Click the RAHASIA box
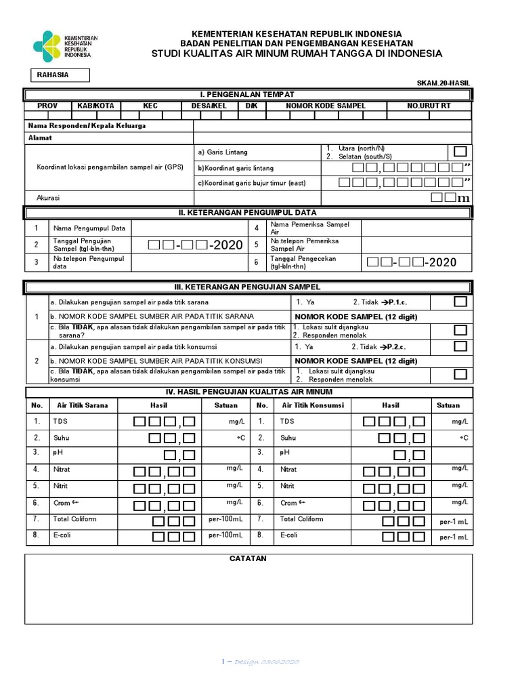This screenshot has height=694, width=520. tap(60, 75)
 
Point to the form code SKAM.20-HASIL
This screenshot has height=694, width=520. tap(443, 83)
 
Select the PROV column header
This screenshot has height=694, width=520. tap(47, 106)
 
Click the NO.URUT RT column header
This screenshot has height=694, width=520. tap(429, 106)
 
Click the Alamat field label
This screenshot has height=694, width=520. tap(40, 138)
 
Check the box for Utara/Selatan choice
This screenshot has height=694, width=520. tap(460, 150)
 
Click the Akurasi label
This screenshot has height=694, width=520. tap(48, 198)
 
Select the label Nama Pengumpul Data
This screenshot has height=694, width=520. tap(81, 228)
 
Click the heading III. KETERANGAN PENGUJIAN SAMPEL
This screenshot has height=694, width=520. tap(248, 287)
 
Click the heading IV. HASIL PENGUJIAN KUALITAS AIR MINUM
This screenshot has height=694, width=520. tap(249, 392)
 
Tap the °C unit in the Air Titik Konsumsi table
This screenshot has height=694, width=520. tap(464, 438)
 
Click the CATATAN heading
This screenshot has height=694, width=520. tap(248, 558)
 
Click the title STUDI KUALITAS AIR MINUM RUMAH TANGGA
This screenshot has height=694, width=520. tap(297, 54)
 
